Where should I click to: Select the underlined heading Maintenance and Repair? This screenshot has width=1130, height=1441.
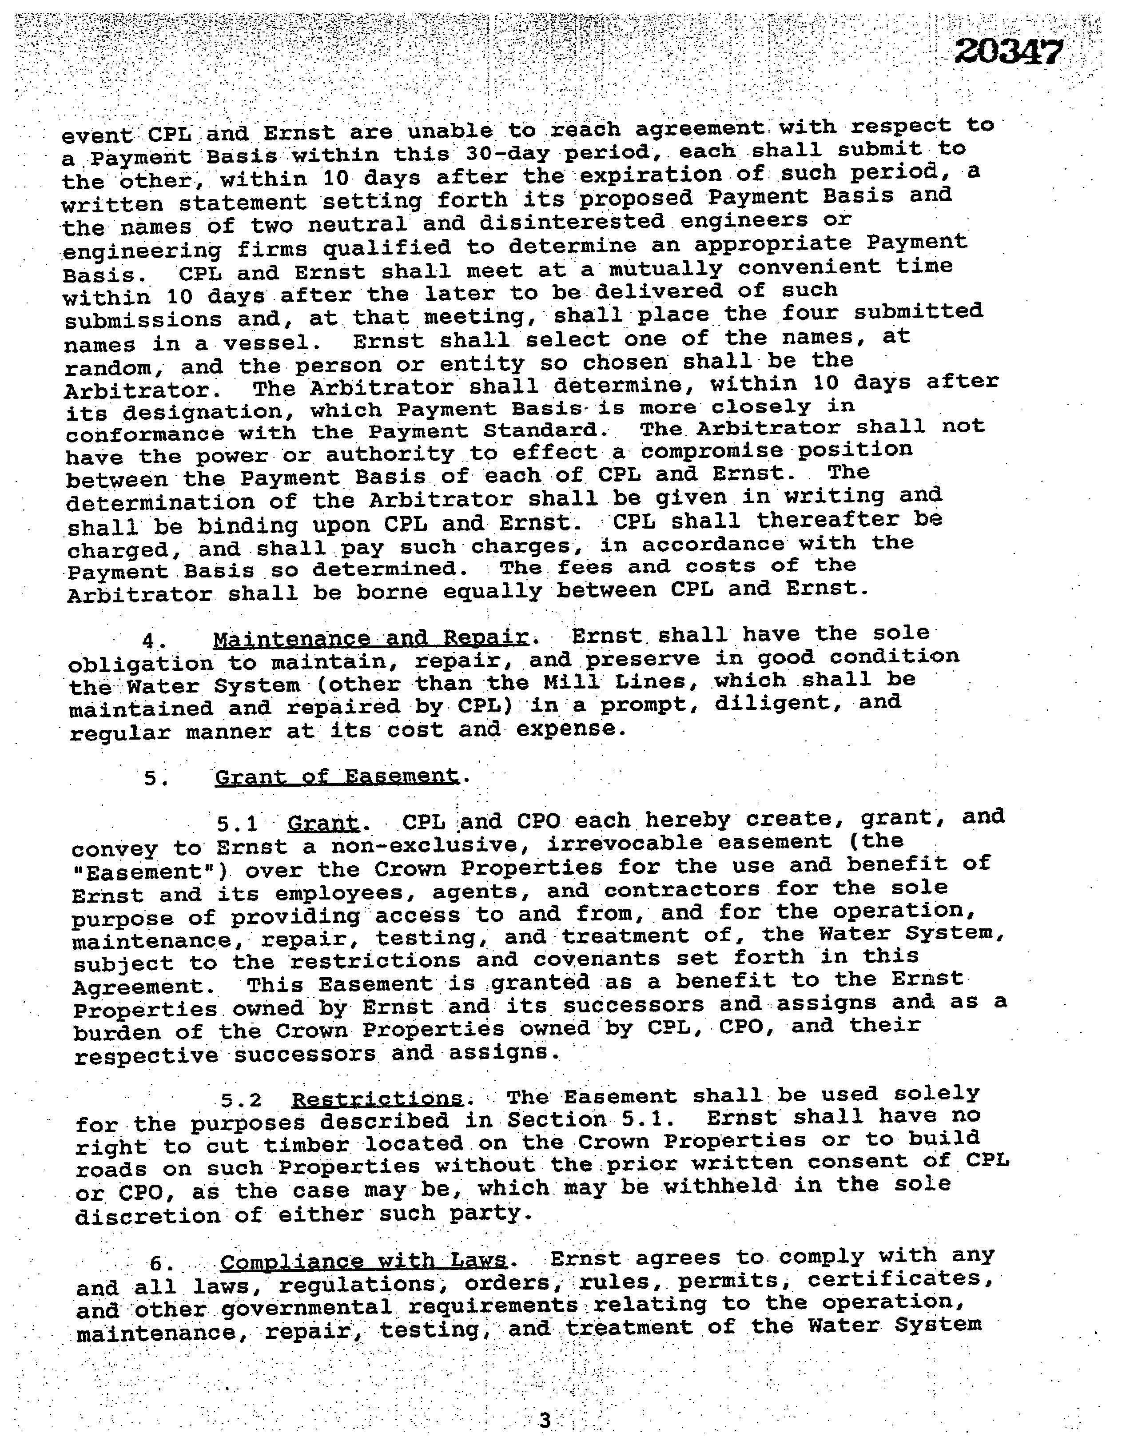click(370, 638)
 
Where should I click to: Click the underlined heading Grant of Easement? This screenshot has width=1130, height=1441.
click(336, 776)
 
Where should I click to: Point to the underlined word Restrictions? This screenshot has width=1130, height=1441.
click(377, 1099)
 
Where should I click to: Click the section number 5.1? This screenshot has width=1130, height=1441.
click(238, 824)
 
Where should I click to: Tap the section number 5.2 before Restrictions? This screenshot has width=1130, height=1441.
click(242, 1100)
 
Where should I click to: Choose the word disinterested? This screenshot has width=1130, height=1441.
click(572, 222)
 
